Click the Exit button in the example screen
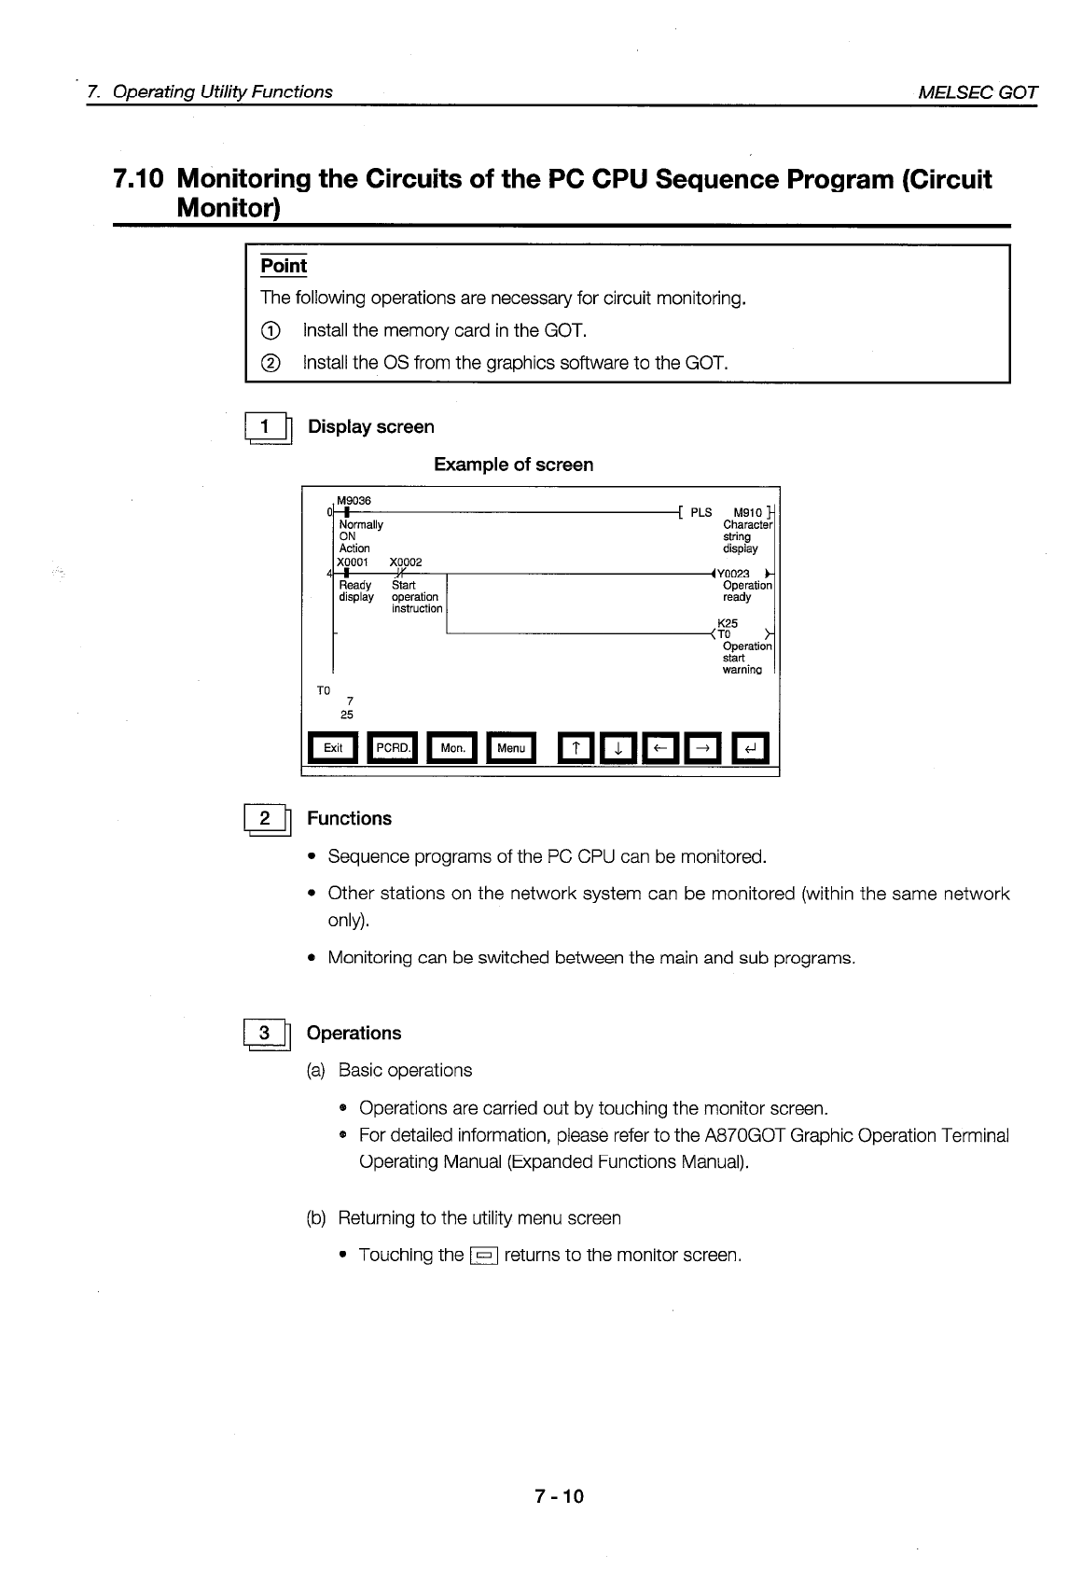click(x=333, y=748)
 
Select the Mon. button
click(x=452, y=748)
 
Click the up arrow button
click(x=577, y=748)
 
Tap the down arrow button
click(x=617, y=748)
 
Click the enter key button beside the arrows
click(x=750, y=748)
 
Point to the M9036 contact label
click(x=354, y=501)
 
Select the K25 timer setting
click(x=728, y=623)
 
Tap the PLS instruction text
click(x=701, y=512)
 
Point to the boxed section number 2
click(x=266, y=819)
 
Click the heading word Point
click(x=284, y=266)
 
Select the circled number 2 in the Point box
click(x=270, y=363)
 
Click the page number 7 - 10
click(x=559, y=1496)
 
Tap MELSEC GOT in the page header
click(x=978, y=91)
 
